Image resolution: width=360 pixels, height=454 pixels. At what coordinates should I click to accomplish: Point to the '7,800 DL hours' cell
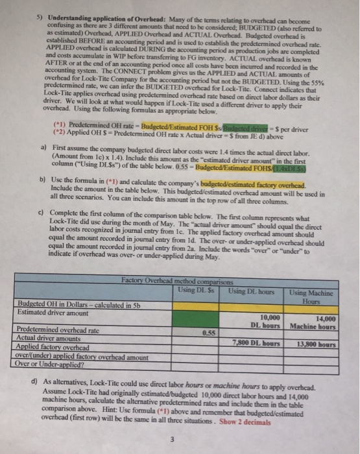(x=255, y=342)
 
